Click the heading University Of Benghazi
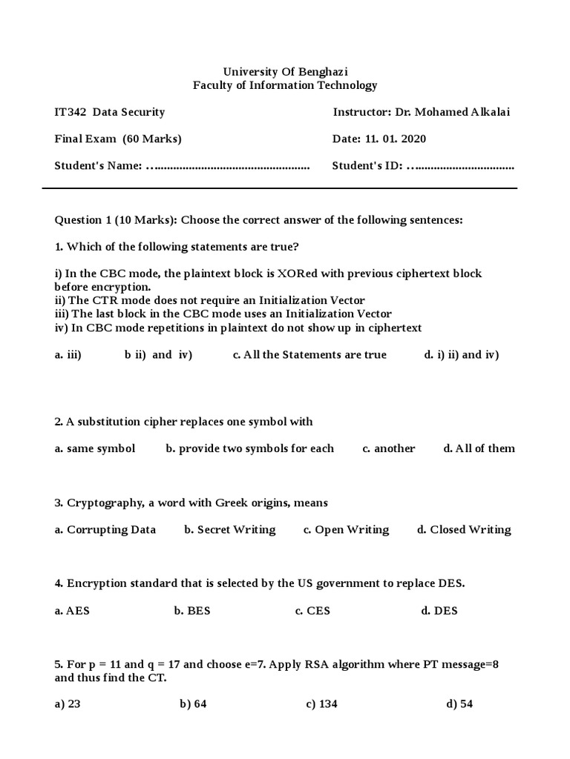click(285, 71)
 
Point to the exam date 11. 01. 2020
click(396, 139)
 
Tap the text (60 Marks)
click(152, 139)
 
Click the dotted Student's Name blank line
click(228, 166)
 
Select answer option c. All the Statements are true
click(309, 354)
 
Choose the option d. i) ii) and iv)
click(462, 354)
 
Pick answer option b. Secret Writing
click(230, 529)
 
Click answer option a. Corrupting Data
click(105, 529)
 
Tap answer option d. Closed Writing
click(464, 529)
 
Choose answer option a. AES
click(72, 611)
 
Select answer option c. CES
click(312, 611)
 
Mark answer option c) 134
click(321, 704)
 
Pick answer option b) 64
click(193, 704)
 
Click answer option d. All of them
click(479, 448)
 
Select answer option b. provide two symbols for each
click(250, 448)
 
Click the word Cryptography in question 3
click(105, 503)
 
